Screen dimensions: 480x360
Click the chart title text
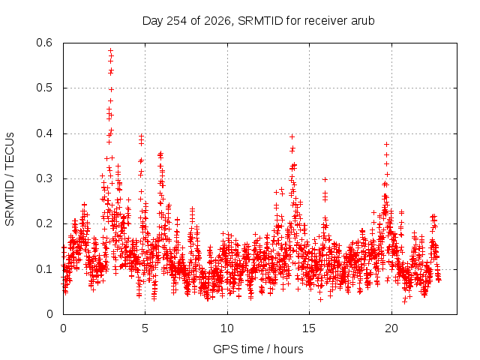(x=258, y=21)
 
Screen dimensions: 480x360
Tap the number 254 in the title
(x=176, y=21)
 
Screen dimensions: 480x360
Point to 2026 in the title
(x=217, y=21)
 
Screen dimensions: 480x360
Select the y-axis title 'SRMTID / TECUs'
(x=10, y=179)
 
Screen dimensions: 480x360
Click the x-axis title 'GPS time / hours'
(x=258, y=349)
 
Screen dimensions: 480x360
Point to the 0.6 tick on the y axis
(x=44, y=43)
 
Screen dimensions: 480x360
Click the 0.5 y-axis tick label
(x=44, y=88)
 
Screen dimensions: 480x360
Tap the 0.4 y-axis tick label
(x=44, y=133)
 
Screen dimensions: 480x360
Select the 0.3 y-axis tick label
(x=44, y=178)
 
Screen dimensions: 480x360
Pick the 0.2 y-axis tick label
(x=44, y=223)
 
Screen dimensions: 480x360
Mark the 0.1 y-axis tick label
(x=44, y=269)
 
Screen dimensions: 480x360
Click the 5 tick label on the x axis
(x=145, y=328)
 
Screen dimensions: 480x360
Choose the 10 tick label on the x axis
(x=227, y=328)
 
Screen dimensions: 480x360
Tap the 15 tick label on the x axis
(x=309, y=328)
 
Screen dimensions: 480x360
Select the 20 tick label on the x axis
(x=391, y=328)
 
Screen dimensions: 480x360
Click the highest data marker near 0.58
(x=111, y=50)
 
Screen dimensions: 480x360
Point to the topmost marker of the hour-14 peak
(x=292, y=136)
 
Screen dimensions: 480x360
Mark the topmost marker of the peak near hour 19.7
(x=387, y=144)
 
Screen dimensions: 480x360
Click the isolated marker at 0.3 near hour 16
(x=325, y=180)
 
